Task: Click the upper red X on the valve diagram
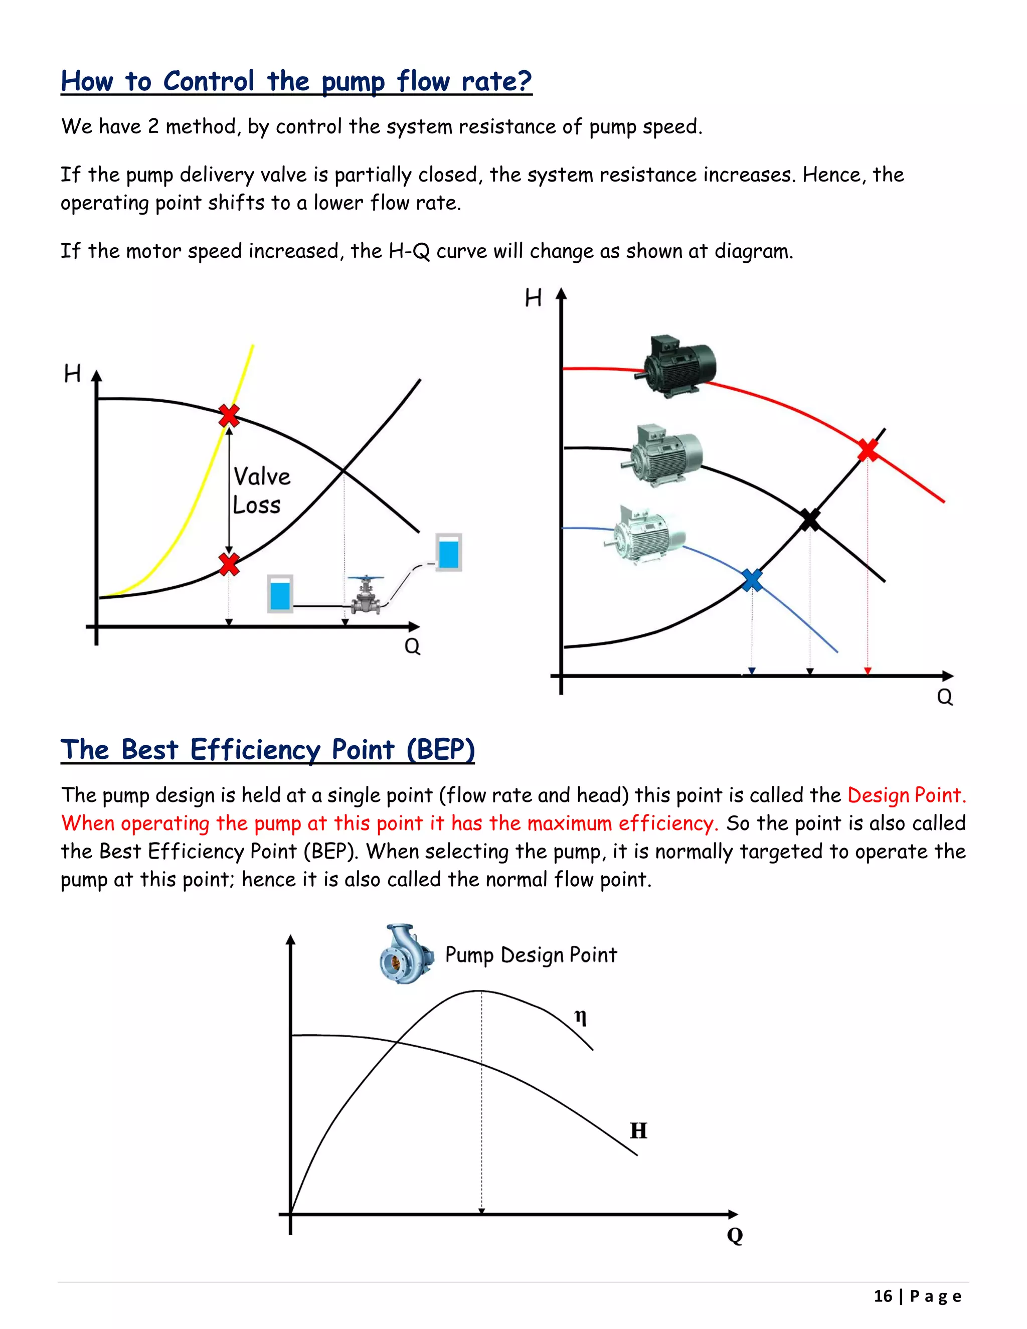point(229,416)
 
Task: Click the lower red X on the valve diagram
point(229,564)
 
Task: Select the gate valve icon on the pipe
point(366,595)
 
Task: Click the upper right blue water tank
point(448,552)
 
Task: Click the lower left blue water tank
point(280,593)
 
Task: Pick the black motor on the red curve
point(679,366)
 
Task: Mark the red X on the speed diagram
point(868,450)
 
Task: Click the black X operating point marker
point(810,520)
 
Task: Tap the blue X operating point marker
point(752,580)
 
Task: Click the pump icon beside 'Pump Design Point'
point(406,955)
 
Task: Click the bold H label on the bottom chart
point(638,1130)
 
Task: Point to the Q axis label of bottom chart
point(735,1235)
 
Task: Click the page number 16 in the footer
point(882,1296)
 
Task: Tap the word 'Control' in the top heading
point(209,82)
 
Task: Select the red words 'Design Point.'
point(906,795)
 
